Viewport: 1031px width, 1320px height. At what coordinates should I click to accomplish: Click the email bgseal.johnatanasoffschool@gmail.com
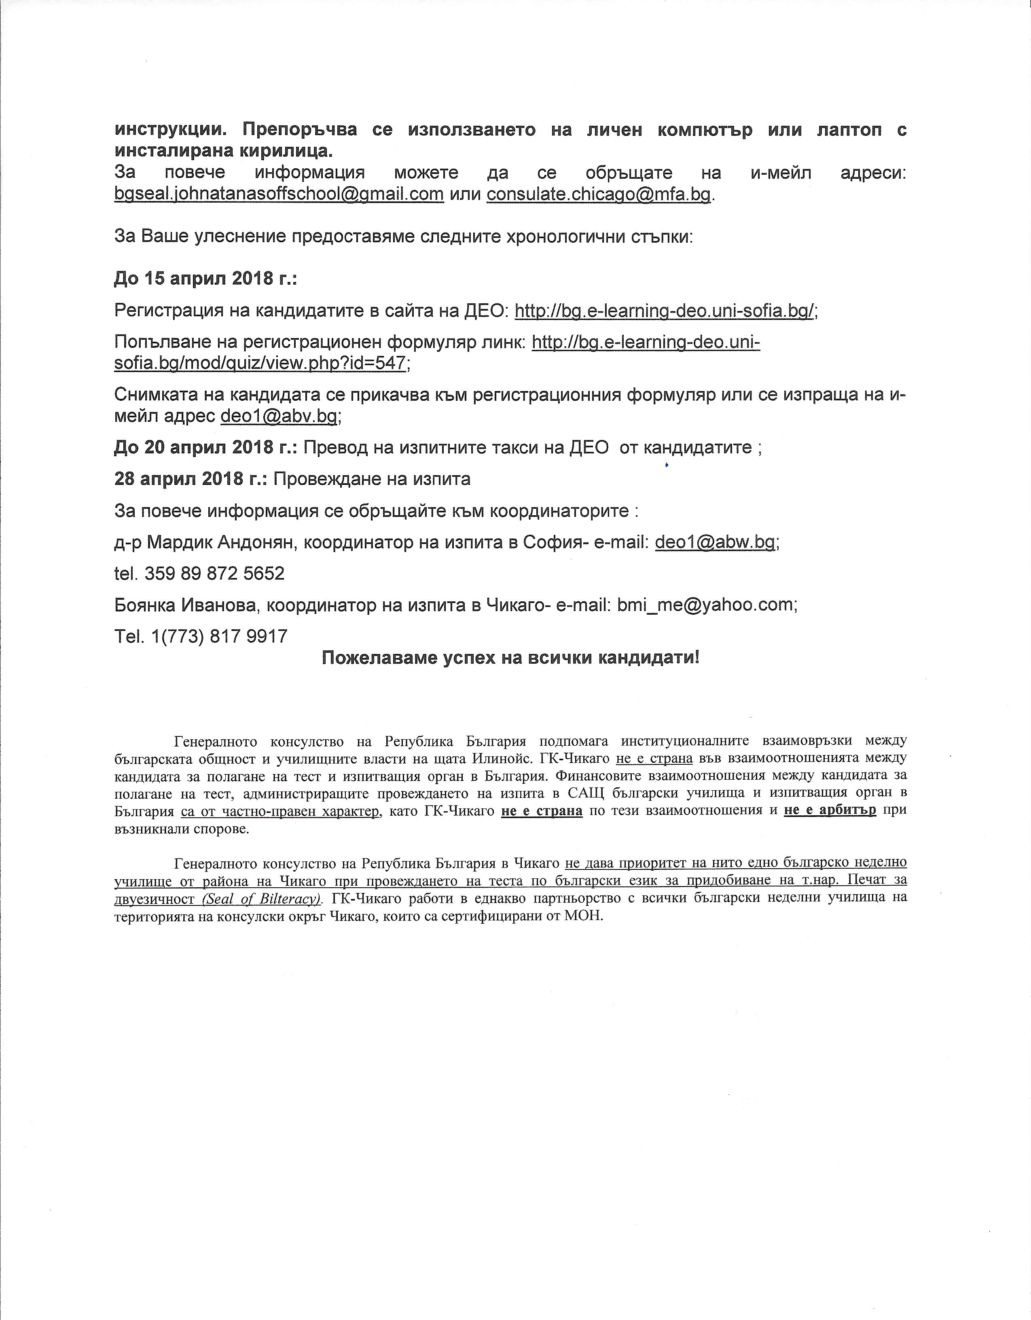point(279,195)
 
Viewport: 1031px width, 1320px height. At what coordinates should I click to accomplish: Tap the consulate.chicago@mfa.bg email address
point(598,195)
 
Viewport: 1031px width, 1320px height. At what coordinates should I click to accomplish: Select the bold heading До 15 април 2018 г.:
point(205,279)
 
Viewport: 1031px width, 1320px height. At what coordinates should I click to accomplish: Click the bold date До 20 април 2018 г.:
point(205,447)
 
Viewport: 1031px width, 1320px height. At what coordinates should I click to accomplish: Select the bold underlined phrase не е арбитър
point(830,810)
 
